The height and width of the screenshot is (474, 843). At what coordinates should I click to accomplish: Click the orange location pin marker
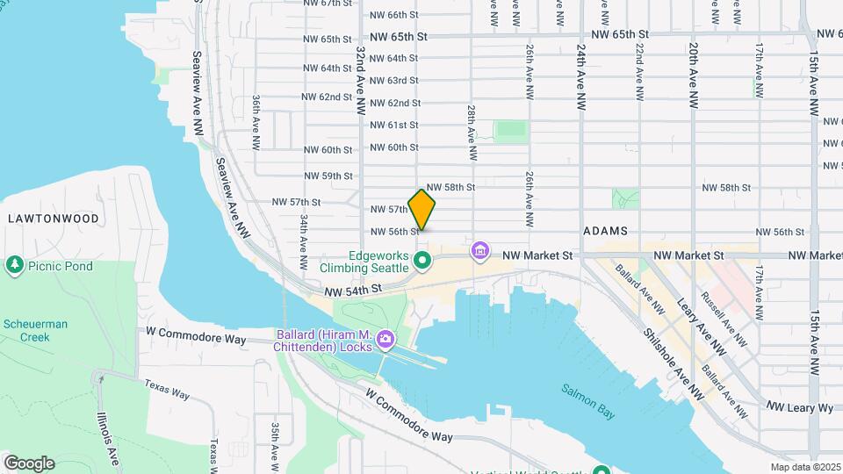pos(422,209)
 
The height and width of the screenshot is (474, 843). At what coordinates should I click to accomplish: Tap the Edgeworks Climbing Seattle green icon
pos(422,261)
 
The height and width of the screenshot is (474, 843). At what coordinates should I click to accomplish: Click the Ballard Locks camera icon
pos(385,338)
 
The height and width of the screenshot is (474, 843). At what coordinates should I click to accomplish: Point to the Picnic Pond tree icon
pos(14,264)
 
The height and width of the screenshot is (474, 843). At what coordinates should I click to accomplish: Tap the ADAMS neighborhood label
pos(605,231)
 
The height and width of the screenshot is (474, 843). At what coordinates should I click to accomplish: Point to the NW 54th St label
pos(354,290)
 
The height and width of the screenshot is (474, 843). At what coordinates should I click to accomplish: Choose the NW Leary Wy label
pos(800,407)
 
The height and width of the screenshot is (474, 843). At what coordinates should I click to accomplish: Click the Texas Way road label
pos(167,390)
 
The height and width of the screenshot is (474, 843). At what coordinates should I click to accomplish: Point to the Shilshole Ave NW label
pos(673,360)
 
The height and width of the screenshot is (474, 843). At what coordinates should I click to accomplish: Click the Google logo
pos(29,463)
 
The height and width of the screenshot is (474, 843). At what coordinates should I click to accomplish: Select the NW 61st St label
pos(393,125)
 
